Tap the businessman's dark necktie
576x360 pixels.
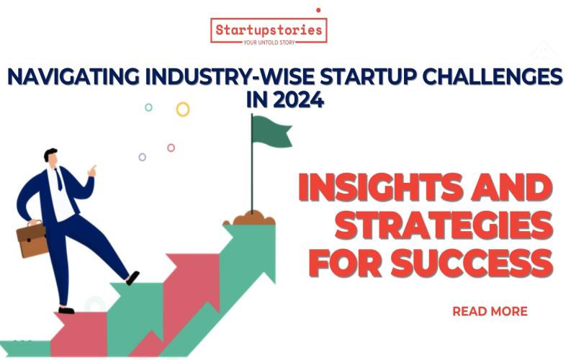click(x=59, y=180)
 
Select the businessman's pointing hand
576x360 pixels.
click(x=92, y=171)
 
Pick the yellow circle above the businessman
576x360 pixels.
click(x=183, y=109)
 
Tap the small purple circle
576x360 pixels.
click(x=143, y=157)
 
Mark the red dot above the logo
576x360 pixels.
click(x=318, y=10)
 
